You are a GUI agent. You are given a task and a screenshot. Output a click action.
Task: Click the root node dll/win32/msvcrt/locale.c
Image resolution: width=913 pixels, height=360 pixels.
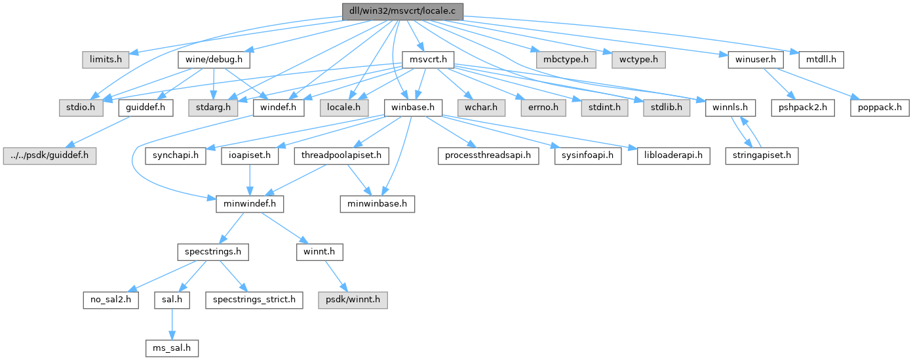click(402, 10)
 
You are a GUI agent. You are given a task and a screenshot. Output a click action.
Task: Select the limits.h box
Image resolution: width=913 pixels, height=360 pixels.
click(101, 60)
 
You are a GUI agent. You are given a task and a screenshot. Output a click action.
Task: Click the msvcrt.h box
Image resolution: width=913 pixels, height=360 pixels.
click(427, 60)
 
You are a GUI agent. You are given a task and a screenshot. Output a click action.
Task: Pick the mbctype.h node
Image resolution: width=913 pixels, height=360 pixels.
click(566, 60)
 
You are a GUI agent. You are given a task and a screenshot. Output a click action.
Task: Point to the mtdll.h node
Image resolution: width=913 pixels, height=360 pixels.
click(821, 60)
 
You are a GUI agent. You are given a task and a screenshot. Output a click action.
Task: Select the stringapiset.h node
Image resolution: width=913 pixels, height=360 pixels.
click(762, 156)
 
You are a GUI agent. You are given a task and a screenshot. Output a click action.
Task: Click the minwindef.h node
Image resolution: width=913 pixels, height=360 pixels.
click(250, 204)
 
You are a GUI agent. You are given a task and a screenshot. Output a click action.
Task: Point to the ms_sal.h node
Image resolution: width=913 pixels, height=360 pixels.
click(172, 348)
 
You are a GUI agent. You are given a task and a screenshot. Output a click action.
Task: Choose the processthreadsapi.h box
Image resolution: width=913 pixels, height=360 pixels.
click(488, 156)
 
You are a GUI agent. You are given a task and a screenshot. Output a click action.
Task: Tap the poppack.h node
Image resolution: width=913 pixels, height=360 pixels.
click(880, 107)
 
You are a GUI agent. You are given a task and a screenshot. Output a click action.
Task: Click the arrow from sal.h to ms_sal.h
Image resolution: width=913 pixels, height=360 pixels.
click(172, 324)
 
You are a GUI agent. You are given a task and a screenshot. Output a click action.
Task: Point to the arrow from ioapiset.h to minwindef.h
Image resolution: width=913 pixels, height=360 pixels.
click(250, 180)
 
